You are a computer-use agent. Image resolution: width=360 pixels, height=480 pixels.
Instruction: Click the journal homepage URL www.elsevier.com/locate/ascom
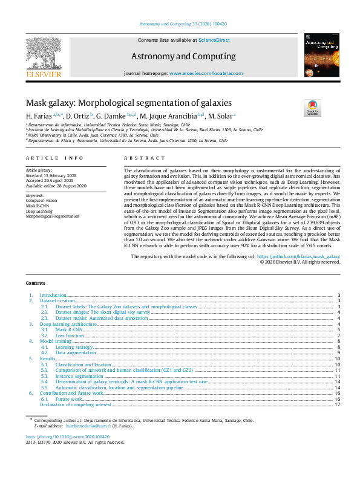[x=206, y=73]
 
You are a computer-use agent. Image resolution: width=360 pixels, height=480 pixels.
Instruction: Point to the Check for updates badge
[x=312, y=108]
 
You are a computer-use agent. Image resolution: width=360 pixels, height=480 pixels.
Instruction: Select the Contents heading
[x=35, y=283]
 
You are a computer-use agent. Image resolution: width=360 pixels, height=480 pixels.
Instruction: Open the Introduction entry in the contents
[x=53, y=295]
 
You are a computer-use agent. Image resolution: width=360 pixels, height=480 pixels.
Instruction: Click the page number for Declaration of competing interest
[x=337, y=404]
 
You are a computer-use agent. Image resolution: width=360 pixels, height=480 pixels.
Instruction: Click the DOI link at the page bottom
[x=67, y=436]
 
